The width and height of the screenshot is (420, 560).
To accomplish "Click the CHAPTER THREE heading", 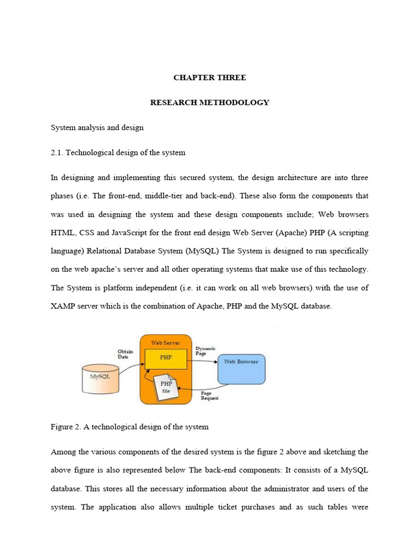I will tap(209, 78).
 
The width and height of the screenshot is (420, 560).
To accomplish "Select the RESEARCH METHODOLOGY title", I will tap(209, 102).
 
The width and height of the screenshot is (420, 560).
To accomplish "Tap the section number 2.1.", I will tap(57, 153).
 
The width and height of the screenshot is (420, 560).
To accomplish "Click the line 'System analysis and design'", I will tap(97, 127).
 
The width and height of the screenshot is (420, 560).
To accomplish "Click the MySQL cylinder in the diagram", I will tap(100, 379).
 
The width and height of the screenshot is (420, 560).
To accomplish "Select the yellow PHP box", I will tap(166, 358).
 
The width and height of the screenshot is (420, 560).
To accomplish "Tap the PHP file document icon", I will tap(166, 387).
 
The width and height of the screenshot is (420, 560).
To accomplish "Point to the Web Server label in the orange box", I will tap(166, 342).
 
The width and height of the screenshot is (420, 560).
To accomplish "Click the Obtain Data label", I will tap(126, 354).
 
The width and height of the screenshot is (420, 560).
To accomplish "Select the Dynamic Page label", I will tap(206, 351).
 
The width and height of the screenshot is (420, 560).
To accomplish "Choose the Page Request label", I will tap(209, 395).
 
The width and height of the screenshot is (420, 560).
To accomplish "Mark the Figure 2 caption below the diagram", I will tap(130, 427).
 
